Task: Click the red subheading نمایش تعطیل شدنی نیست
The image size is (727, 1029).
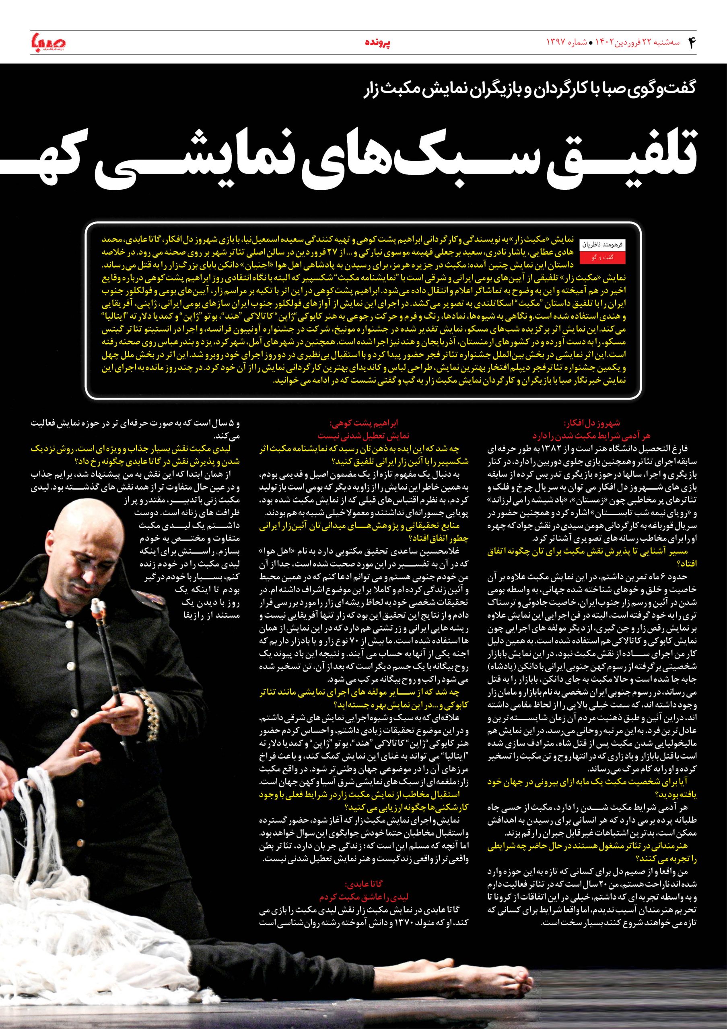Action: [364, 435]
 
